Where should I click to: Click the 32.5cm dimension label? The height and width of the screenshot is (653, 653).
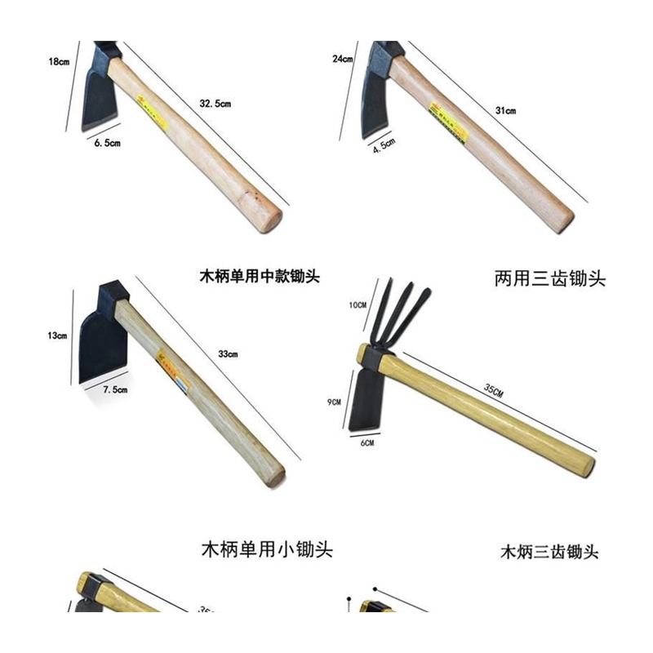coord(215,104)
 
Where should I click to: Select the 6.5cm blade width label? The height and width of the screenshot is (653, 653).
coord(108,143)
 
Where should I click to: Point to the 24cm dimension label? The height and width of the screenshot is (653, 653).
coord(342,60)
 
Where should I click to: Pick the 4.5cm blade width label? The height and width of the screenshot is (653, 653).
coord(383,146)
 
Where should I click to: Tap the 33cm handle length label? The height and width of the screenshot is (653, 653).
coord(228,354)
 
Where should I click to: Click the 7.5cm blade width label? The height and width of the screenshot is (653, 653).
coord(114,390)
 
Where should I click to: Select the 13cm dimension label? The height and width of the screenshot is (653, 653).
coord(57,335)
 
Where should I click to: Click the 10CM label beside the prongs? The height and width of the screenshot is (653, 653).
coord(358,305)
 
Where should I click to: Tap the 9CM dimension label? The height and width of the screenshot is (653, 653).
coord(334,402)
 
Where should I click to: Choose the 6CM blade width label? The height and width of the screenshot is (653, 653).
coord(366,442)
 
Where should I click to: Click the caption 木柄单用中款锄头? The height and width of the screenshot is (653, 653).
coord(260,276)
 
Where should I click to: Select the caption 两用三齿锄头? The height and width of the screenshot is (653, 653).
coord(549,279)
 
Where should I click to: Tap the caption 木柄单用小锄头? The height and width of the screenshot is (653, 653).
coord(266,549)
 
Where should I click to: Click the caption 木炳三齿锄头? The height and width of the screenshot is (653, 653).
coord(549,553)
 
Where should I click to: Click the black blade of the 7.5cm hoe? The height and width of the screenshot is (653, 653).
coord(98,339)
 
